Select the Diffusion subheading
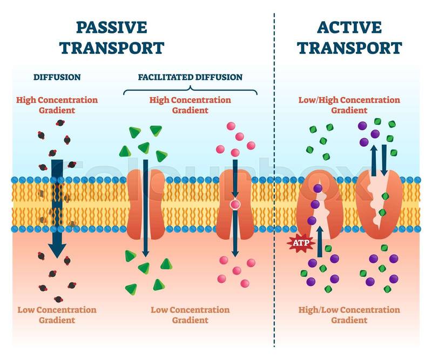(57, 77)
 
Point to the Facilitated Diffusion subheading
(190, 77)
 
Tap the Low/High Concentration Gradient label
(349, 105)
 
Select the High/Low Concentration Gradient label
(349, 315)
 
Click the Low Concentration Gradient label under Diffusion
(57, 315)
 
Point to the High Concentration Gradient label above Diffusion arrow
(57, 105)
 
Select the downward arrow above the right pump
(384, 157)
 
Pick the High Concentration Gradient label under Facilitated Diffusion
(190, 105)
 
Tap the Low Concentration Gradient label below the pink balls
(190, 315)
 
